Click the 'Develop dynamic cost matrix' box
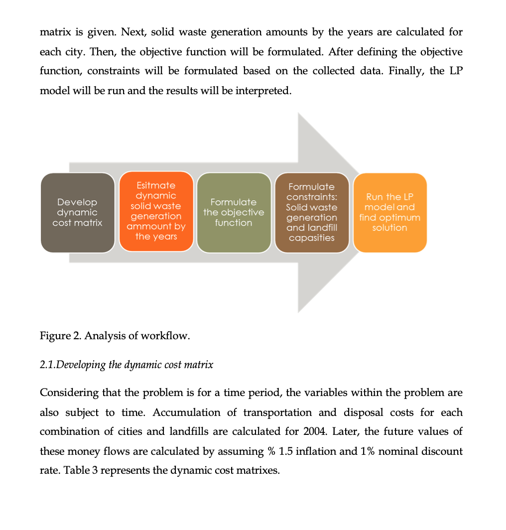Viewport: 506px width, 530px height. (x=78, y=213)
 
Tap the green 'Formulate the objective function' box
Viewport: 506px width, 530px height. (x=234, y=213)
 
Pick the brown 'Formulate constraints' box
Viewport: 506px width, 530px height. (x=312, y=212)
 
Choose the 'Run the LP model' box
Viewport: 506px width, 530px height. (x=389, y=213)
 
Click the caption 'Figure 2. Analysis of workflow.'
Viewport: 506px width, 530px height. (x=115, y=335)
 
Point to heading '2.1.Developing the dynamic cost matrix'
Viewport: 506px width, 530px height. (x=126, y=365)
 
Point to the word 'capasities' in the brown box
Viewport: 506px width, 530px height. (x=312, y=238)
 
